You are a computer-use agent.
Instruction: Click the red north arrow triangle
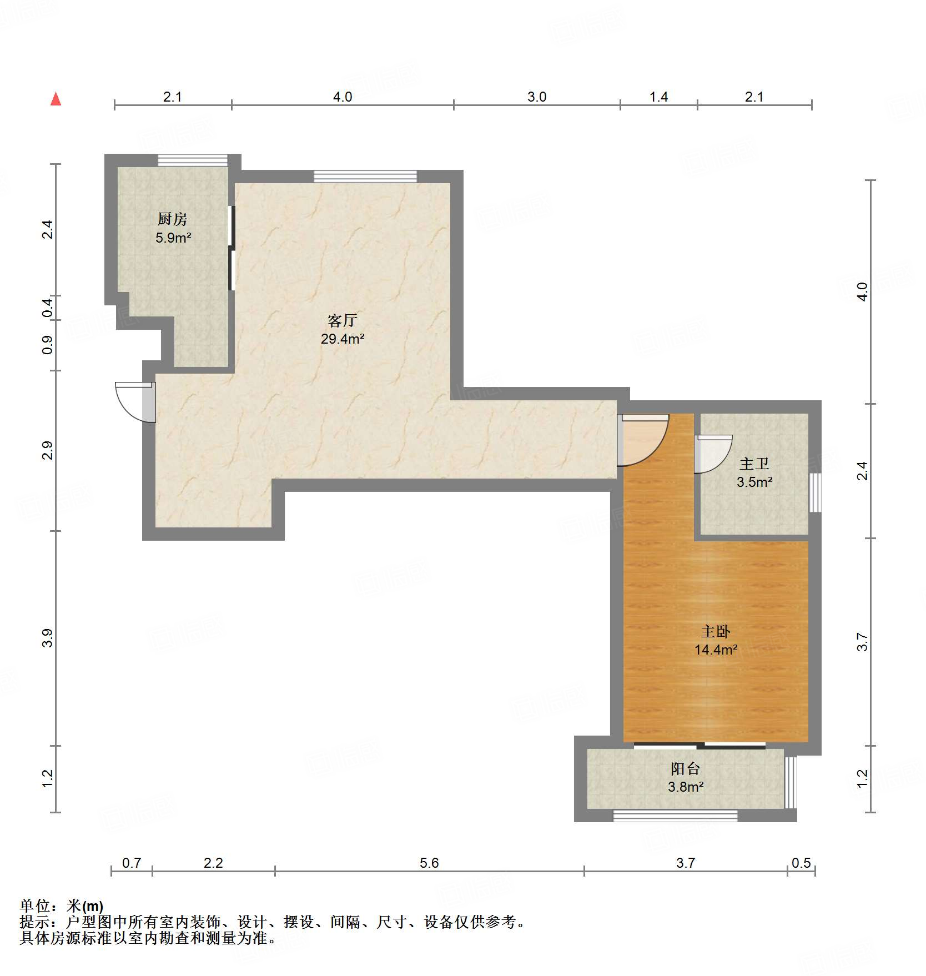coord(56,99)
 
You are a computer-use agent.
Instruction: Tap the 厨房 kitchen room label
coord(173,219)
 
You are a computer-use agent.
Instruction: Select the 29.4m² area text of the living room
coord(342,339)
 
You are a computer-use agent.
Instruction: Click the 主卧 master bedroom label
coord(715,631)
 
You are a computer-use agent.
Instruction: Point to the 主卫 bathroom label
coord(754,464)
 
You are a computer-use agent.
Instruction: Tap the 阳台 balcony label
coord(685,769)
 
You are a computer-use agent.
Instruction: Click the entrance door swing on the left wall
coord(133,401)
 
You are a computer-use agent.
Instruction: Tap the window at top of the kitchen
coord(192,160)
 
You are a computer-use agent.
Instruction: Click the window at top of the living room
coord(365,177)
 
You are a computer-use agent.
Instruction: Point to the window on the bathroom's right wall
coord(814,492)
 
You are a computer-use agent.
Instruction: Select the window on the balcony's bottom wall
coord(675,816)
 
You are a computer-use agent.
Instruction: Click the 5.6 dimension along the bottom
coord(429,863)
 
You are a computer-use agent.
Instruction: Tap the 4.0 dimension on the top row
coord(342,97)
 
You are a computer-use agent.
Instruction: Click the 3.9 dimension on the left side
coord(48,638)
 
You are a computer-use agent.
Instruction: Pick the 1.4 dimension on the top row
coord(658,97)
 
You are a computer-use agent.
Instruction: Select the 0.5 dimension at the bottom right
coord(801,863)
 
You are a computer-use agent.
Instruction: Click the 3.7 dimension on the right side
coord(862,642)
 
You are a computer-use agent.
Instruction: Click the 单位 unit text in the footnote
coord(35,906)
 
